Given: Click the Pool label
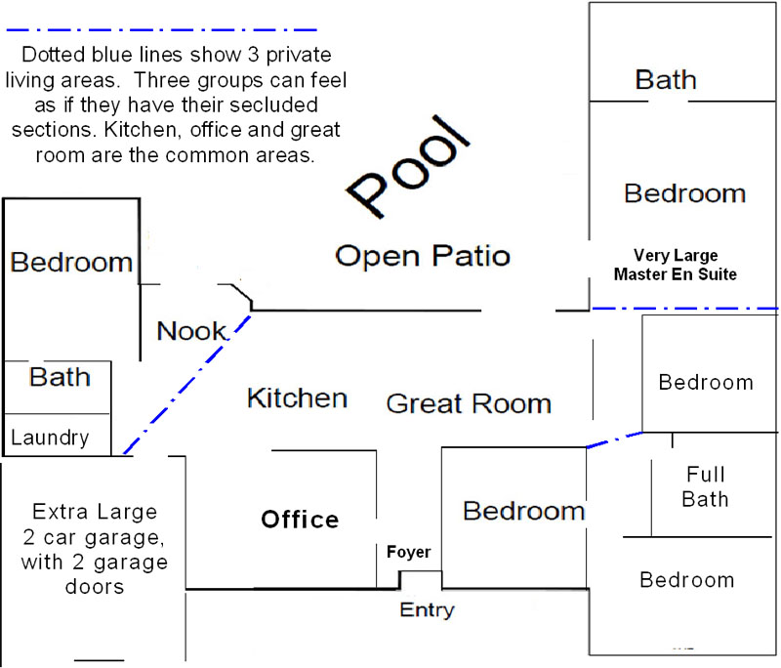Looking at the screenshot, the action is (x=408, y=167).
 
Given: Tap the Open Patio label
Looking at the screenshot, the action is (x=423, y=256).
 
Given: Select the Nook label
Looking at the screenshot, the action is (x=191, y=331).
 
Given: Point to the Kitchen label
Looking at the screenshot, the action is (x=298, y=398).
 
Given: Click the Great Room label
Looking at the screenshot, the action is (x=469, y=403).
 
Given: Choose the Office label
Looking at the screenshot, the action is (x=300, y=520).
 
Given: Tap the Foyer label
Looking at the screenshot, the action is (x=408, y=552).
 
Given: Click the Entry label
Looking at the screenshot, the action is (x=427, y=609).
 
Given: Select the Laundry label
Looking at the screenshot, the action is (x=50, y=438).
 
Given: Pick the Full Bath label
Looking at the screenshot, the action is (x=705, y=486).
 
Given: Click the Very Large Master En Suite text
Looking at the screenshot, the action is (x=676, y=265).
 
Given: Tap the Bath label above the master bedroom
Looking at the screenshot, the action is (x=666, y=80).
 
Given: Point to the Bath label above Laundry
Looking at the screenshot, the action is (x=60, y=377).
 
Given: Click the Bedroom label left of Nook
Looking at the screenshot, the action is (x=71, y=262).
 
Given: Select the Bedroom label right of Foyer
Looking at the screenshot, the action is (x=523, y=511).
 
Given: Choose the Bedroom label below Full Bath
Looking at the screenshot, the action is (x=687, y=580).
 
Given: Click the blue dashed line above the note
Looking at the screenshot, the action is (x=161, y=30).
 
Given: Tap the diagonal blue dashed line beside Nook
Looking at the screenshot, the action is (x=187, y=384).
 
